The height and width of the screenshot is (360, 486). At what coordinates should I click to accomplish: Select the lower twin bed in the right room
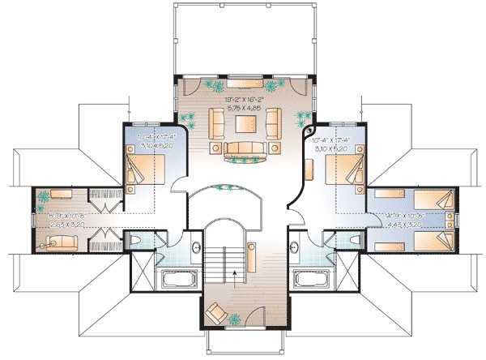pos(428,241)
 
